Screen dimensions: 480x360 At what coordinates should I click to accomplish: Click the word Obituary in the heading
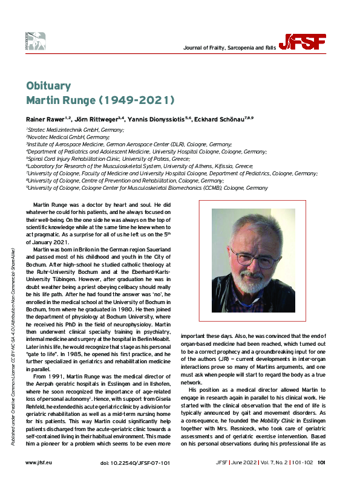point(48,85)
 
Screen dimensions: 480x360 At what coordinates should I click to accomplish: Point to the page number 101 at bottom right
point(322,463)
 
